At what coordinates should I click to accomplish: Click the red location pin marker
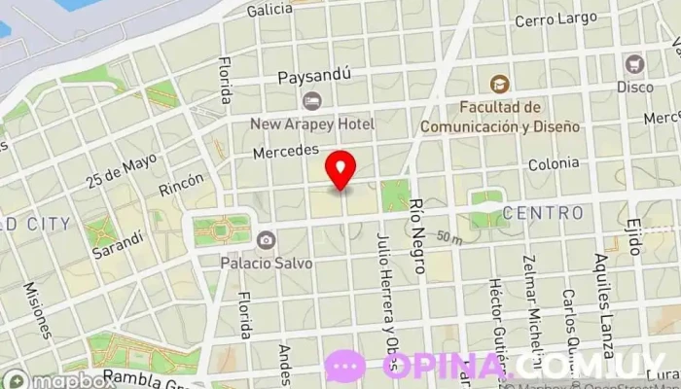tap(340, 169)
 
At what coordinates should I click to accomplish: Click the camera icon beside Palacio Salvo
tap(266, 240)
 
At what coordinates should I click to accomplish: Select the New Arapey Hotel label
tap(311, 124)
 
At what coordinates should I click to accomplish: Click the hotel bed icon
tap(311, 100)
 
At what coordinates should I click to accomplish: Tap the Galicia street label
tap(269, 10)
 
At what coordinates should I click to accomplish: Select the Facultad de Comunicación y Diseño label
tap(500, 117)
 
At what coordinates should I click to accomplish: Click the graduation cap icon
tap(499, 85)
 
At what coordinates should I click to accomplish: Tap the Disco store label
tap(634, 86)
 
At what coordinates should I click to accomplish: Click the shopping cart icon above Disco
tap(635, 63)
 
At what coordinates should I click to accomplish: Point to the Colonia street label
tap(554, 165)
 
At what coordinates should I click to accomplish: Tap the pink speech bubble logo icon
tap(345, 366)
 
